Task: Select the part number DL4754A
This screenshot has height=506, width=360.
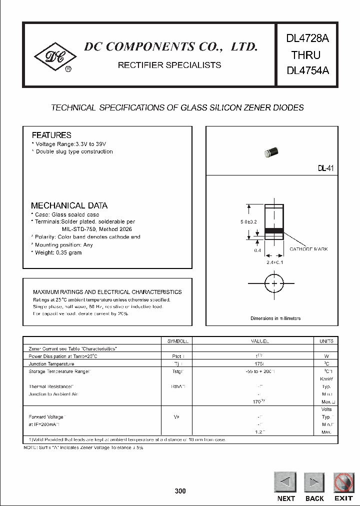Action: point(307,70)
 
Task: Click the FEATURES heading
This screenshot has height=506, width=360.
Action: point(51,135)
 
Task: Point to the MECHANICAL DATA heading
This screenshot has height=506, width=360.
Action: point(69,205)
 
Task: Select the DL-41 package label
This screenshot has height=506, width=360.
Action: point(325,169)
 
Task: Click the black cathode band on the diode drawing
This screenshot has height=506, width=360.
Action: point(274,230)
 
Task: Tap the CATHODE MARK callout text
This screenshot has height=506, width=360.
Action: point(308,249)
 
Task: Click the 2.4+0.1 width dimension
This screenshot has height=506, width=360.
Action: point(274,262)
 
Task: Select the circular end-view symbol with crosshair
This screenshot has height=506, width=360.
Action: point(274,283)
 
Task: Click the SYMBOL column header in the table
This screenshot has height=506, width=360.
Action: point(177,341)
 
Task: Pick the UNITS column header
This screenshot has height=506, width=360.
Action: point(326,341)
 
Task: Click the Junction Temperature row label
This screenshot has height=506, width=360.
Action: point(51,363)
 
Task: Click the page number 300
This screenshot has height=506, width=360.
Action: point(180,491)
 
